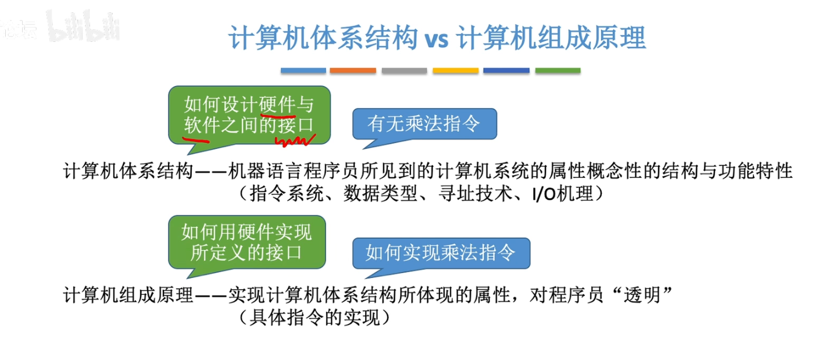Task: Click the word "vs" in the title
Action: pos(437,39)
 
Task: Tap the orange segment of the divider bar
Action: pos(353,70)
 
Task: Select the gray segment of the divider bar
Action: pos(404,70)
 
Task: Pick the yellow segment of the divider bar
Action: pos(455,70)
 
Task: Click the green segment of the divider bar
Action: pos(558,70)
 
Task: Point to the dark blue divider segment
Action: pos(506,70)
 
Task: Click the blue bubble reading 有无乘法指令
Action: pos(424,124)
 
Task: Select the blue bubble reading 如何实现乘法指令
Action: pos(441,254)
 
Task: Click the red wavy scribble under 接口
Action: pos(295,141)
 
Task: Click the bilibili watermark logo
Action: pos(84,26)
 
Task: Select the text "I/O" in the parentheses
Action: pos(544,194)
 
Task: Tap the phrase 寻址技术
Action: pos(475,194)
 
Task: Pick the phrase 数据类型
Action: pos(380,194)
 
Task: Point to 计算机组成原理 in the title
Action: pos(551,38)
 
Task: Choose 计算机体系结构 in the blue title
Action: pos(323,38)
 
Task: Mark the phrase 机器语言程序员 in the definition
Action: pos(294,172)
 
